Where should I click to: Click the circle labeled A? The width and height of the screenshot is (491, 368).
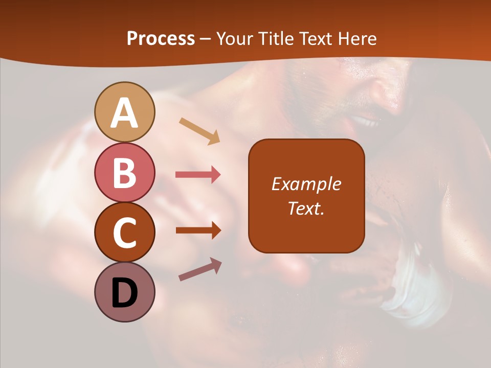pos(125,112)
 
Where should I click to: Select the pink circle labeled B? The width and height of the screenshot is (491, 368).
pos(125,172)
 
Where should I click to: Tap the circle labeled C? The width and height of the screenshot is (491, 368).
pos(125,232)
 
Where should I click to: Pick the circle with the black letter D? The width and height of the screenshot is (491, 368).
pos(125,292)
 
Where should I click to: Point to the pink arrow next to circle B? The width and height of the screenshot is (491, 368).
pos(198,175)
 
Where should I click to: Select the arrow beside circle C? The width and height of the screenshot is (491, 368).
pos(198,231)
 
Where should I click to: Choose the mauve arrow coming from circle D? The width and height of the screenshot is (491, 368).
pos(200,269)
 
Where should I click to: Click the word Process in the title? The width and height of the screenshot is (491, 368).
pos(161,38)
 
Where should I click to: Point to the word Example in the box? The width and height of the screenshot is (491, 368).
pos(306,184)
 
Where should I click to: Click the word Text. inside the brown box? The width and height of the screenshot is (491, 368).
pos(306,208)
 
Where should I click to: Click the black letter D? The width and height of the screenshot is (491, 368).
pos(125,293)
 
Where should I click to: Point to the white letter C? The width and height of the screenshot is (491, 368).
pos(125,233)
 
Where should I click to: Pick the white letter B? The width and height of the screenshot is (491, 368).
pos(125,173)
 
